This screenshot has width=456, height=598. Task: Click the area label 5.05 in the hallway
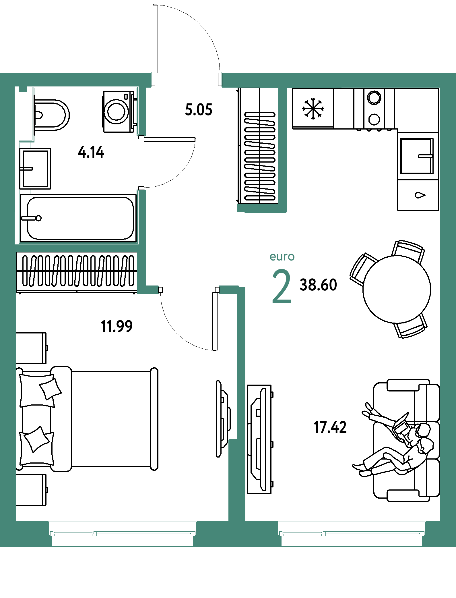(199, 110)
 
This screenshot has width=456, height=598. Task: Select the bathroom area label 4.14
(91, 152)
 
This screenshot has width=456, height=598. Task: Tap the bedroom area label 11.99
(117, 327)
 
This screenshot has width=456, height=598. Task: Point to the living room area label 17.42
(330, 427)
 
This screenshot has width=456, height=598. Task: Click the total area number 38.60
(318, 285)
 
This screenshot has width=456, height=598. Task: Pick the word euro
(282, 256)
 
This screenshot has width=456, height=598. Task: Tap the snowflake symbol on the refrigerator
(313, 109)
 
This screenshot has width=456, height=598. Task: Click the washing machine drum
(116, 111)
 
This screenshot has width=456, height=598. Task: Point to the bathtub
(78, 218)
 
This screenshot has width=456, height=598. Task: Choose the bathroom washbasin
(35, 169)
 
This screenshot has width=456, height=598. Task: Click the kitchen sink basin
(417, 156)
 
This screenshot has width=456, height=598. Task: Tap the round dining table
(397, 289)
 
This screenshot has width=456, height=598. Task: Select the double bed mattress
(111, 419)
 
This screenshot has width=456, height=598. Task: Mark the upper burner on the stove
(374, 98)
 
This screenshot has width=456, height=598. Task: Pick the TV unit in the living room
(259, 439)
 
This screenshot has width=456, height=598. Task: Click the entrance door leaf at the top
(155, 39)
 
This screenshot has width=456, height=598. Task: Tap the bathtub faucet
(32, 218)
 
